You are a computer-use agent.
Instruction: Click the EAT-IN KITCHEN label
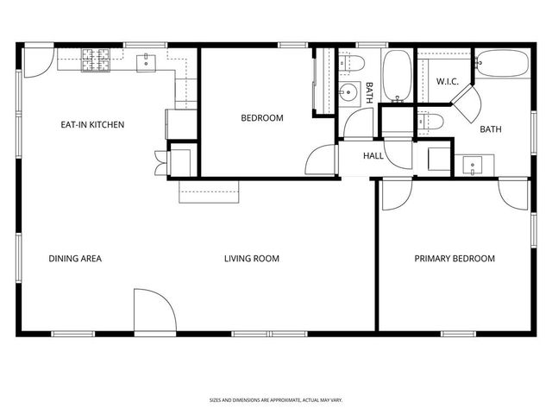[91, 125]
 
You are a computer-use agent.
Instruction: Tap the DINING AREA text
[75, 259]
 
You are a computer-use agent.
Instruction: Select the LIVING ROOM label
[251, 259]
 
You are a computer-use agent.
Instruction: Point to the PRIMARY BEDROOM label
[455, 259]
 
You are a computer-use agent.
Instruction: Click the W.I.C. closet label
[446, 82]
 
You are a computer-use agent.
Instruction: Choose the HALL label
[373, 156]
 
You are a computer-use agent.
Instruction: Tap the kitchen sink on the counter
[146, 60]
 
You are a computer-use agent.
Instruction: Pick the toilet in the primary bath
[430, 122]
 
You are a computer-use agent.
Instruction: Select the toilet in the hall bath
[349, 62]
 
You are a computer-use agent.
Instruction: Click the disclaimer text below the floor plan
[275, 399]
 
